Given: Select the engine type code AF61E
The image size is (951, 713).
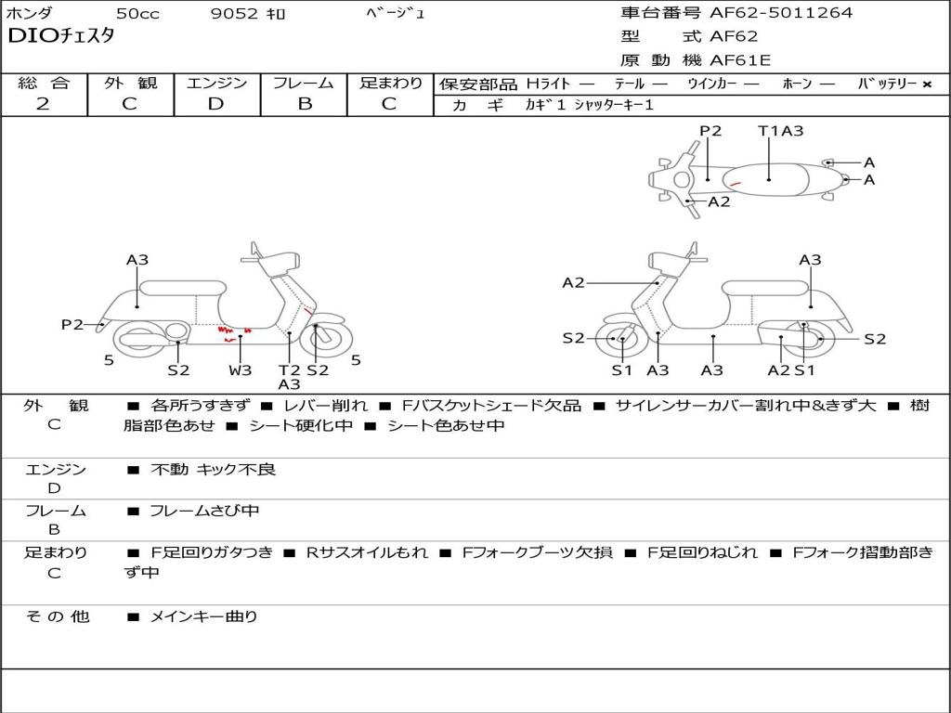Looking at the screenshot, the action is point(740,61).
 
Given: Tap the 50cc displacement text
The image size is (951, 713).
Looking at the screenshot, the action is point(137,14).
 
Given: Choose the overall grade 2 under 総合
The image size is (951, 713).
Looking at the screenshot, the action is point(43,104).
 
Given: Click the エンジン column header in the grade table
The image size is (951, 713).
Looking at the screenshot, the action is point(216,83).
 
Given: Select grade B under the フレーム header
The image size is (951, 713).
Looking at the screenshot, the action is point(304,104).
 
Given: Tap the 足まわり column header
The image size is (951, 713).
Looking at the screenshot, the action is point(390,83).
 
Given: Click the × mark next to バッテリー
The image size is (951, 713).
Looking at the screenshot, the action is point(926,84).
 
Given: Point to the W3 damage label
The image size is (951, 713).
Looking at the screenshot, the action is point(241,370).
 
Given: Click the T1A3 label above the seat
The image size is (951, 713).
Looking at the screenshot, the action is point(780,131).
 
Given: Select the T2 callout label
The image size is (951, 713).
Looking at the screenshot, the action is point(290,370).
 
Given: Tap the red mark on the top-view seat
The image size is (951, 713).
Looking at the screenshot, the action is point(735,184).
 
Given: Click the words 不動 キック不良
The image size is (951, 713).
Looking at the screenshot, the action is point(213,470).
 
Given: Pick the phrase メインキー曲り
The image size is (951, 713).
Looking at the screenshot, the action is point(203,616).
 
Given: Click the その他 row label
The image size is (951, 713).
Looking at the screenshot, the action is point(56,616).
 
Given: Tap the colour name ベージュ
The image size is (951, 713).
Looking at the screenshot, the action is point(397,14).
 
